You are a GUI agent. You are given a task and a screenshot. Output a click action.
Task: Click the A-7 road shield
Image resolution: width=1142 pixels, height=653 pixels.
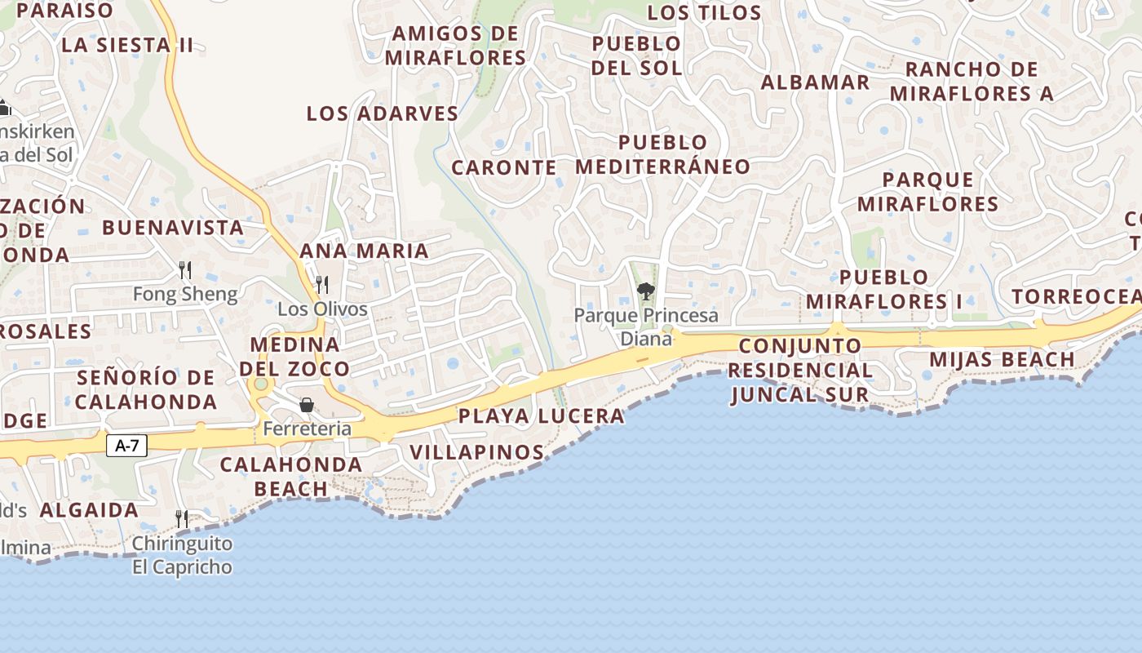coord(126,446)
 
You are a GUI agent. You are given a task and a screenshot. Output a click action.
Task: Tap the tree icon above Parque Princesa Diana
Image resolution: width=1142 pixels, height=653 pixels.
coord(646,291)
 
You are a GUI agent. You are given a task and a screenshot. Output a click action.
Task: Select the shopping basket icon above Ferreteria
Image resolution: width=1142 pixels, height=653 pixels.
coord(307,405)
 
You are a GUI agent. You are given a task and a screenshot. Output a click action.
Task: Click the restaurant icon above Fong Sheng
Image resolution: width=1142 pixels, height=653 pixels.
coord(185,270)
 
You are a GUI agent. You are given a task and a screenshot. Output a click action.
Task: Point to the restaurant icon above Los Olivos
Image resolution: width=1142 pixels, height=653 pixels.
coord(322,285)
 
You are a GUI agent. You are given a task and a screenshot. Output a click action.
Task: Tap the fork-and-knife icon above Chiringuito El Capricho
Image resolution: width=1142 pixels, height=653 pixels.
coord(181,518)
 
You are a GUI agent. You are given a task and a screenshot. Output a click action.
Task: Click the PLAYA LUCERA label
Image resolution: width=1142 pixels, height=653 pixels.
coord(541,416)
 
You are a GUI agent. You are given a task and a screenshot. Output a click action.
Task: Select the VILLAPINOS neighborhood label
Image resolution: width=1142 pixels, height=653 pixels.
coord(476,452)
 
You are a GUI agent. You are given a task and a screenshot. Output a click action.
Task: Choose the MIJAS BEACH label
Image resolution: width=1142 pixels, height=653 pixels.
coord(1002,360)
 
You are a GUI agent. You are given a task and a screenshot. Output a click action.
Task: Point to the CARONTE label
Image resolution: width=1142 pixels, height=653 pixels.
coord(503,168)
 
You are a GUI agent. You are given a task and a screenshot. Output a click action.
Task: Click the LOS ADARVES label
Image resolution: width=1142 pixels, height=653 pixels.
coord(383,114)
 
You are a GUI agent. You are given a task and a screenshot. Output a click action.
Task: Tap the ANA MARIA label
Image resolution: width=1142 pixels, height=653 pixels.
coord(364,251)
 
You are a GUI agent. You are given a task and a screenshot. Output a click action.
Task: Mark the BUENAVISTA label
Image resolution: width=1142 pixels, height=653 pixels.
coord(173,228)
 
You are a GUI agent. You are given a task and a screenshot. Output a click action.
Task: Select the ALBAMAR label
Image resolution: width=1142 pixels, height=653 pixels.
coord(815,82)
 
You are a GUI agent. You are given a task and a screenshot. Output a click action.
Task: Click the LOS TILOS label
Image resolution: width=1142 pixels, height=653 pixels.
coord(704,13)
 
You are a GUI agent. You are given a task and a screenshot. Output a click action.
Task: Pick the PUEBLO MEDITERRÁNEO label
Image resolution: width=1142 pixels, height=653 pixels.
coord(662,154)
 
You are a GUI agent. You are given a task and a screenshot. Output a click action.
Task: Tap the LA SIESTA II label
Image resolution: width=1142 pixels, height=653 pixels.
coord(127,45)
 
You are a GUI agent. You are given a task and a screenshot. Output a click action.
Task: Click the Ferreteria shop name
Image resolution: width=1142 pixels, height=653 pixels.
coord(308,429)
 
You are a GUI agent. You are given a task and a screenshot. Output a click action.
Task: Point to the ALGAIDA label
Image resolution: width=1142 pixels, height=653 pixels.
coord(89,510)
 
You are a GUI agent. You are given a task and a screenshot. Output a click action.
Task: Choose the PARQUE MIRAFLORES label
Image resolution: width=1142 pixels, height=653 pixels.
coord(927,192)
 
